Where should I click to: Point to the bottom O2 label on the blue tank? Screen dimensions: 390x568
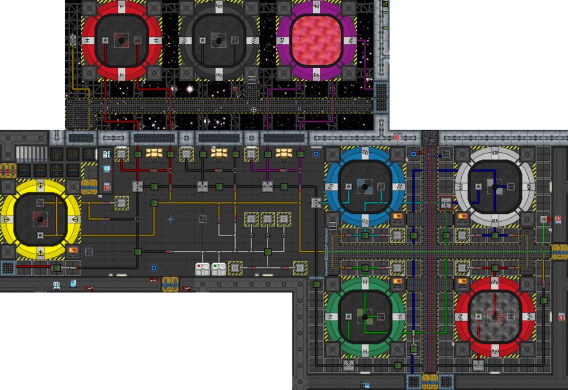pyautogui.click(x=365, y=220)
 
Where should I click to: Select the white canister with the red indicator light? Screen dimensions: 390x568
pyautogui.click(x=203, y=268)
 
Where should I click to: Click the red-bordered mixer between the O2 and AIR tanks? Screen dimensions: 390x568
pyautogui.click(x=446, y=202)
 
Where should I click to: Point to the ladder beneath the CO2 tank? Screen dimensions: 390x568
pyautogui.click(x=252, y=80)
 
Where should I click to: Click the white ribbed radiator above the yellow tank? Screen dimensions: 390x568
pyautogui.click(x=32, y=154)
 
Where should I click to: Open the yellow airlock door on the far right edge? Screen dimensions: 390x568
pyautogui.click(x=559, y=251)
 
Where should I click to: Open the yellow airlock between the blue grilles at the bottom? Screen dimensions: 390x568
pyautogui.click(x=430, y=381)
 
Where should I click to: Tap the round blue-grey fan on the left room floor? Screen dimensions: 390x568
pyautogui.click(x=170, y=219)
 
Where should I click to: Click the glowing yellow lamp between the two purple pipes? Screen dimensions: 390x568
pyautogui.click(x=283, y=152)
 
